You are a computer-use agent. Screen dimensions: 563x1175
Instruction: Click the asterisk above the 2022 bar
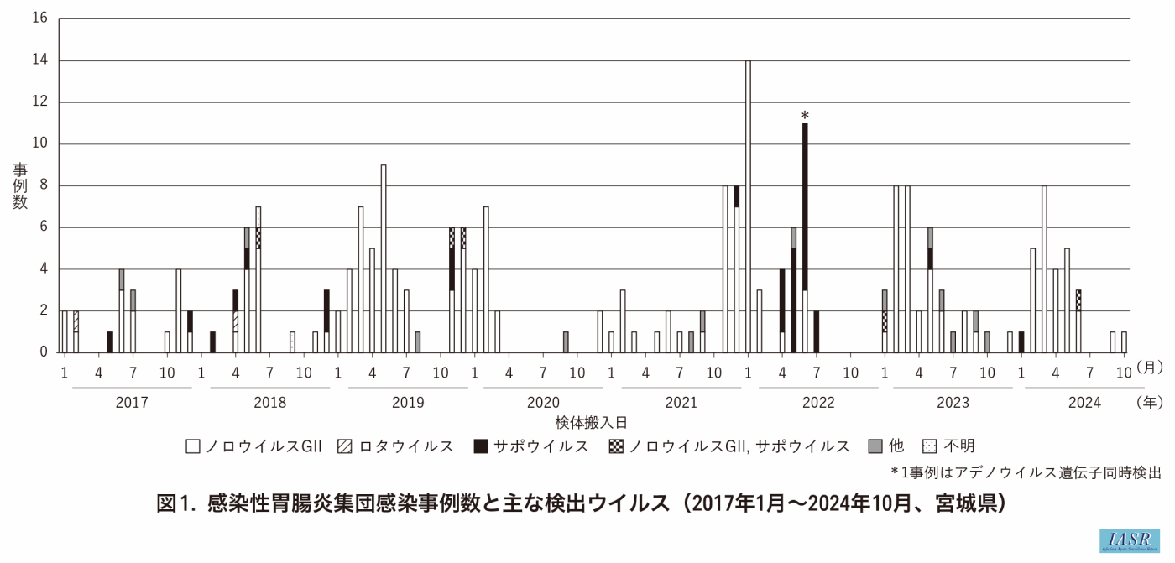pyautogui.click(x=805, y=116)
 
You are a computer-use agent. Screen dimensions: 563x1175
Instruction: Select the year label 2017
pyautogui.click(x=132, y=403)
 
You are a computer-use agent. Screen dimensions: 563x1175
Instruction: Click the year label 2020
pyautogui.click(x=543, y=403)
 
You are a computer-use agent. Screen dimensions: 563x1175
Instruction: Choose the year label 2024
pyautogui.click(x=1084, y=403)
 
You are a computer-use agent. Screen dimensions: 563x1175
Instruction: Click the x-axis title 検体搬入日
pyautogui.click(x=591, y=422)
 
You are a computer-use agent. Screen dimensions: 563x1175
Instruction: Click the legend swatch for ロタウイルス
pyautogui.click(x=345, y=446)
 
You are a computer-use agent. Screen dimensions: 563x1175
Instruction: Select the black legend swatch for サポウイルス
pyautogui.click(x=480, y=446)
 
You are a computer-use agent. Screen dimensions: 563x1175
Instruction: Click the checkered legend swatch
pyautogui.click(x=615, y=446)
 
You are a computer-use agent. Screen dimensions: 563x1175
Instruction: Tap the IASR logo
pyautogui.click(x=1130, y=540)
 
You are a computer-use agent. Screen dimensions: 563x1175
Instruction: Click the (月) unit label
pyautogui.click(x=1147, y=369)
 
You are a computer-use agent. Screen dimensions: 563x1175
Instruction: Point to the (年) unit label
pyautogui.click(x=1147, y=403)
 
